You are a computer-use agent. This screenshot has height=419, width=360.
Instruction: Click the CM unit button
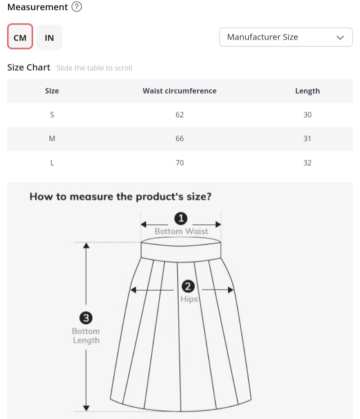tap(20, 37)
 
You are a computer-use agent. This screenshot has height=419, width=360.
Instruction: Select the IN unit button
tap(49, 37)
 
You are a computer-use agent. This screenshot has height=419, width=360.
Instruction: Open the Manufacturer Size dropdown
tap(286, 37)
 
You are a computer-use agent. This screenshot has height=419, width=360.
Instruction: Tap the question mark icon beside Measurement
tap(77, 7)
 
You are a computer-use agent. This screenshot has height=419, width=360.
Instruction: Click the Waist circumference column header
tap(180, 91)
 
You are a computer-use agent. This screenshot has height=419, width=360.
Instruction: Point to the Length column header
tap(307, 91)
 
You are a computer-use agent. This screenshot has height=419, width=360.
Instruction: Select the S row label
tap(52, 115)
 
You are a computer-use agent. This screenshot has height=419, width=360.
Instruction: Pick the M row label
tap(52, 139)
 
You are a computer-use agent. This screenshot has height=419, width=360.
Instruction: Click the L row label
tap(52, 163)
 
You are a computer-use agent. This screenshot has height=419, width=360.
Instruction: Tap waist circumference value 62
tap(180, 115)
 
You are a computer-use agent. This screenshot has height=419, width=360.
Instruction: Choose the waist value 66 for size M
tap(180, 139)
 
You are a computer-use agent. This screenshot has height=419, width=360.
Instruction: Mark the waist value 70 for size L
tap(180, 163)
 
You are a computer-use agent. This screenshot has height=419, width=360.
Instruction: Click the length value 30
tap(307, 115)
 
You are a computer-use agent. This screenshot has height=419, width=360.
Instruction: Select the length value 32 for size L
tap(307, 163)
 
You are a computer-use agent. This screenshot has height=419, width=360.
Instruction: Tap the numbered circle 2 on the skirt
tap(188, 286)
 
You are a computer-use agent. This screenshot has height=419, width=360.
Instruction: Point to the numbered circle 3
tap(86, 319)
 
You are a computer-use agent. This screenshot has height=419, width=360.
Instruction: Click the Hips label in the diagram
tap(189, 299)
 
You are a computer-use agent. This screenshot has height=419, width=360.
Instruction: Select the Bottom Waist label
tap(181, 231)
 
